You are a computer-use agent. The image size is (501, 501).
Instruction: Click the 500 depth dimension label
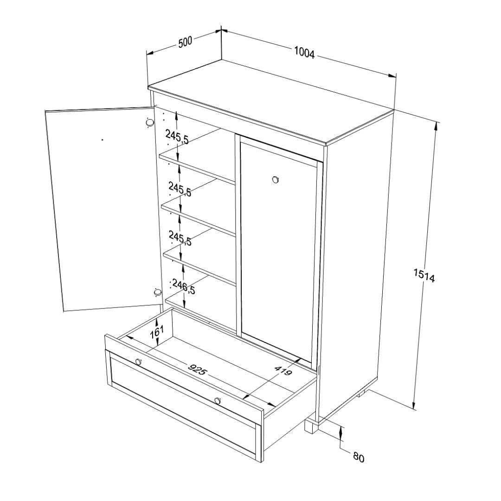coord(185,42)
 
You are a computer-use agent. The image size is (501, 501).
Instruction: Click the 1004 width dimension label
coord(304,53)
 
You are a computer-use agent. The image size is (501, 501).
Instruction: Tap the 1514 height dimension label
coord(424,276)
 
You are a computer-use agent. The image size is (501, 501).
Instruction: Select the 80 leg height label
coord(359,457)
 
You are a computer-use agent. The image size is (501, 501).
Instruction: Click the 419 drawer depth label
coord(283,370)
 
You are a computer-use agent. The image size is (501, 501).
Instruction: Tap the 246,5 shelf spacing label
coord(183,286)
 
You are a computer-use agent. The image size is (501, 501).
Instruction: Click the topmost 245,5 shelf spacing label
coord(177,137)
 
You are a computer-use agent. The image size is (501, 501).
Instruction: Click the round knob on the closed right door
coord(275,180)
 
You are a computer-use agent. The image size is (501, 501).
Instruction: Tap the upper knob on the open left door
coord(149,122)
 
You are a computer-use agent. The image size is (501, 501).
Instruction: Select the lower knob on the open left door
coord(157,292)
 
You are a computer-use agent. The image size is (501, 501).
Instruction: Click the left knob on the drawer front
coord(138,362)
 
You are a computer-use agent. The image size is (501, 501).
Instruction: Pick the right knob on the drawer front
coord(218,400)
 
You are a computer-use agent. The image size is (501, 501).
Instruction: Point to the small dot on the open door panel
coord(102,140)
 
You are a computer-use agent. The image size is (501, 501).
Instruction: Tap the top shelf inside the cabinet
coord(198,157)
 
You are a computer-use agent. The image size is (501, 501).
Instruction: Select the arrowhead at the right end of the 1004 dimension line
coord(392,76)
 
